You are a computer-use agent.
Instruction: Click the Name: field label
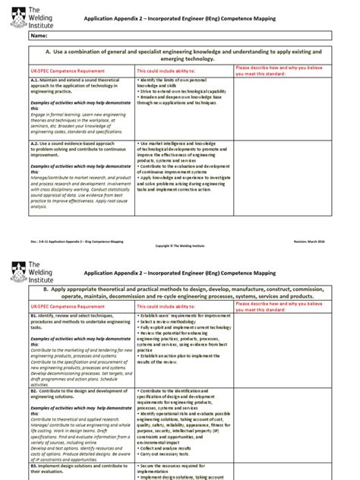pos(40,36)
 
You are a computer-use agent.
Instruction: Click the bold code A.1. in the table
pos(35,80)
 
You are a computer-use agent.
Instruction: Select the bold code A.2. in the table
pos(35,143)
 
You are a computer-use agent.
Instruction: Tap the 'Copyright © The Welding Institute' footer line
pos(180,246)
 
